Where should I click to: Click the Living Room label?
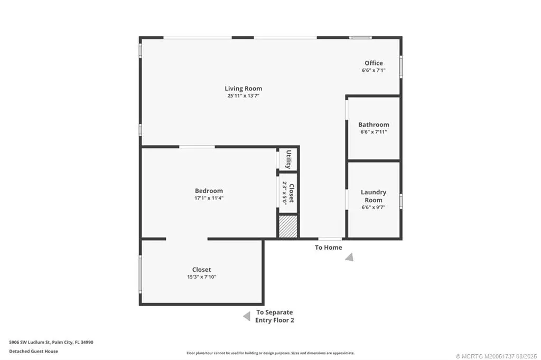243,89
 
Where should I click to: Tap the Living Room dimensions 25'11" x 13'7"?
243,96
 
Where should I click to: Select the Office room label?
374,63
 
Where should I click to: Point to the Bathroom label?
374,125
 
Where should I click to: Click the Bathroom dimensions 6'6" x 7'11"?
374,132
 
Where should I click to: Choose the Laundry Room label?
374,196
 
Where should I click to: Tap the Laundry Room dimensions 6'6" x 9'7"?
374,207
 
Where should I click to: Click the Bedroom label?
209,191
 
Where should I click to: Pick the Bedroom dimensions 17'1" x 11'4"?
209,198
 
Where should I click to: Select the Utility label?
289,159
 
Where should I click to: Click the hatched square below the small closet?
288,226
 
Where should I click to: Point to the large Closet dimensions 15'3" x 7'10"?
201,277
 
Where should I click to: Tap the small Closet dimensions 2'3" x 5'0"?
285,193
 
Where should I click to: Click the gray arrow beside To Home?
350,257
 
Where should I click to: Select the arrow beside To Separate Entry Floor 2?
247,316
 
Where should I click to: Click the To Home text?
329,248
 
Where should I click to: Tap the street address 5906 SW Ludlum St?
30,343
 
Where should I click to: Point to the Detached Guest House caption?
33,352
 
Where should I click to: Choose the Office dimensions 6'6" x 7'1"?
374,70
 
